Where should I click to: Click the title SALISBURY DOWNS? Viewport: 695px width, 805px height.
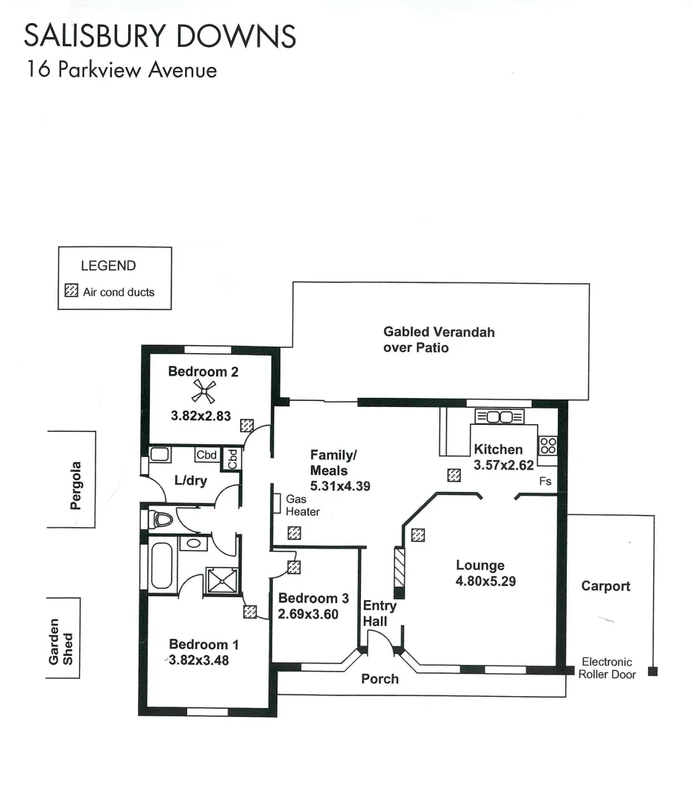click(160, 36)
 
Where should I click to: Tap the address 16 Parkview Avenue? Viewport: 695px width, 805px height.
click(122, 70)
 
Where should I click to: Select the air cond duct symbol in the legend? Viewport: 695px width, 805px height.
click(72, 291)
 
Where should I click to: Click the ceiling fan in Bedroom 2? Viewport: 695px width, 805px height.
click(204, 391)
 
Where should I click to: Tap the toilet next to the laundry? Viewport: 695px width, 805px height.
click(160, 518)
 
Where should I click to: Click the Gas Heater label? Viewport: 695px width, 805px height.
click(302, 505)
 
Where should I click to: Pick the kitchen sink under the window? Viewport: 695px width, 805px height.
click(499, 417)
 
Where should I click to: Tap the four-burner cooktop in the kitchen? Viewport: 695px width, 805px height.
click(548, 446)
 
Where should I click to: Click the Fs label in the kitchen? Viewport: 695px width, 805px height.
click(545, 482)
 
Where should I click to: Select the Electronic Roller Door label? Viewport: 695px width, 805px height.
click(607, 668)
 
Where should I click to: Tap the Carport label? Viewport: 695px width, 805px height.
click(606, 586)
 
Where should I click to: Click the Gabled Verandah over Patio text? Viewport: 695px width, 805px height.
click(438, 339)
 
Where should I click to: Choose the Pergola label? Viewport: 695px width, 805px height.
click(75, 485)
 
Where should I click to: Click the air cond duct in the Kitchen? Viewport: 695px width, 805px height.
click(453, 475)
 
